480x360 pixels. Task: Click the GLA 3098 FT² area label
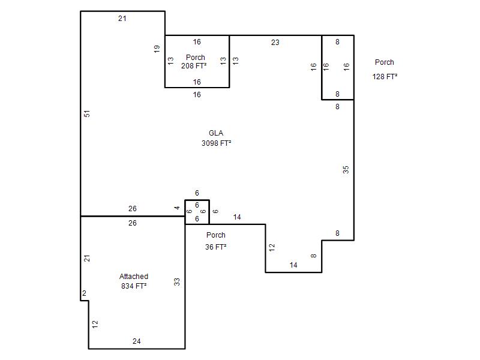[216, 138]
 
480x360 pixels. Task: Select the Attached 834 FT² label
[134, 281]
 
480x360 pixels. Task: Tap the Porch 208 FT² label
[194, 62]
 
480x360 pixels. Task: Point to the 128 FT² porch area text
[385, 76]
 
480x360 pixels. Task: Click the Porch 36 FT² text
[216, 241]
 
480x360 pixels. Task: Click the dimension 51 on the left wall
[87, 114]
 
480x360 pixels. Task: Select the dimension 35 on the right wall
[346, 170]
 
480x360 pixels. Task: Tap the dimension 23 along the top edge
[275, 43]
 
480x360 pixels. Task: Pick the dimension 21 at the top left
[122, 19]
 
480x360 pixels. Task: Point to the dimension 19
[157, 49]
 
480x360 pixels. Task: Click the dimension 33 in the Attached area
[177, 282]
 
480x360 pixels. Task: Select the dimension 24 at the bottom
[137, 341]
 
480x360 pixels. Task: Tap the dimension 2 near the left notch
[84, 293]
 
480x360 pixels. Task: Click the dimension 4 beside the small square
[177, 208]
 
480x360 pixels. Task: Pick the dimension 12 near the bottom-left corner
[95, 324]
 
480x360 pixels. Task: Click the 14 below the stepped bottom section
[293, 265]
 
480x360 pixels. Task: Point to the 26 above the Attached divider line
[133, 208]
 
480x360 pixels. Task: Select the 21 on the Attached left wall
[87, 259]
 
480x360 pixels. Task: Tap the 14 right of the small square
[237, 217]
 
